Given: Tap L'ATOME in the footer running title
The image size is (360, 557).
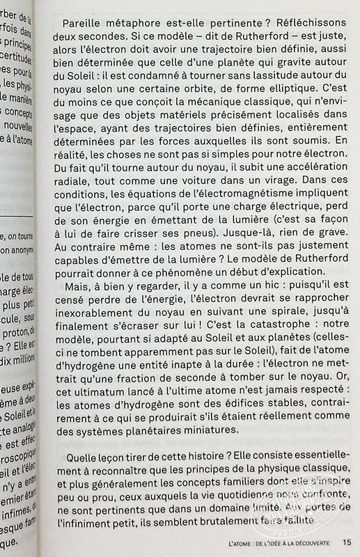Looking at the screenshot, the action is (242, 543).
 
